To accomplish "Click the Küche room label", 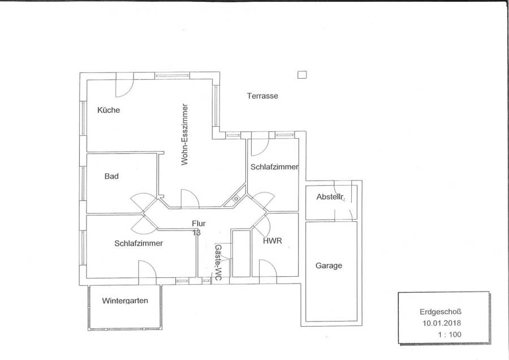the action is coord(109,110).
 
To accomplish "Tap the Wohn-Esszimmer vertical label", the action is coord(185,135).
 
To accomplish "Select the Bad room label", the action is coord(111,176).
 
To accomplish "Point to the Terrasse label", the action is coord(262,96).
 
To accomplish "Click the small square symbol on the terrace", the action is coord(302,75).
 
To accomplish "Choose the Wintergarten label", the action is coord(125,301).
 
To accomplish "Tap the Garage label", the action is coord(329,265).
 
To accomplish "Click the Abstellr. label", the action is coord(331,196).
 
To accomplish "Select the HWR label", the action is coord(273,241).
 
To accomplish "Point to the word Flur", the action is coord(199,224).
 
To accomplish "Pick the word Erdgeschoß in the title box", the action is coord(441,311).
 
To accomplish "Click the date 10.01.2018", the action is coord(442,323).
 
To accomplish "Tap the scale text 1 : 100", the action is coord(449,335).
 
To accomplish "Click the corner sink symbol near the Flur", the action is coord(236,198).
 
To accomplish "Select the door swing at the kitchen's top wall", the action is coord(124,85).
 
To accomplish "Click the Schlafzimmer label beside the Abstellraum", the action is coord(274,166).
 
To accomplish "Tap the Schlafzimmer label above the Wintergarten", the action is coord(139,243).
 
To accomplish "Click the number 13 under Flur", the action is coord(196,233).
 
